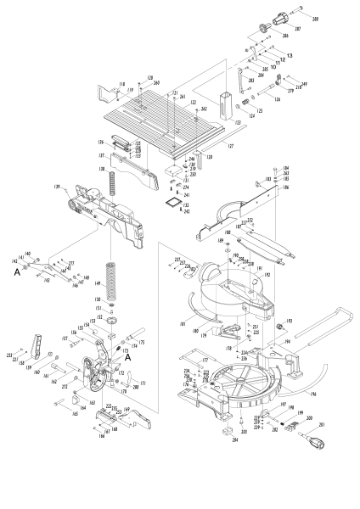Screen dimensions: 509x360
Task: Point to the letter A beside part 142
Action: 15,274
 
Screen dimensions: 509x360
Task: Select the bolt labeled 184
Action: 299,168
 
